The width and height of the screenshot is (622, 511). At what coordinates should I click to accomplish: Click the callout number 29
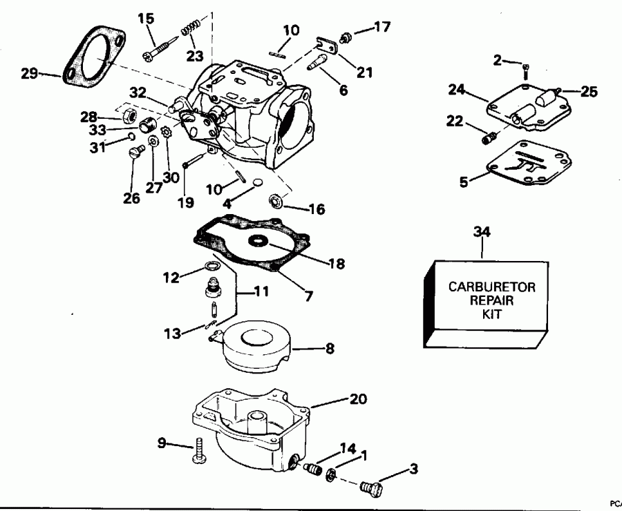(x=29, y=73)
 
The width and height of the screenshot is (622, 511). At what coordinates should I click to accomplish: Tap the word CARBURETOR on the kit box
(x=482, y=287)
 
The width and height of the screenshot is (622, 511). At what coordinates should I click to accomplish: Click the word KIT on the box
(x=482, y=313)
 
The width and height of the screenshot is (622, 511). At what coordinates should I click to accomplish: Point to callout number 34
(x=482, y=231)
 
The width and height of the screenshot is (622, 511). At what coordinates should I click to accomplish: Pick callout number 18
(x=337, y=263)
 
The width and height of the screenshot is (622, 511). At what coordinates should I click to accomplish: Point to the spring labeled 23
(x=189, y=31)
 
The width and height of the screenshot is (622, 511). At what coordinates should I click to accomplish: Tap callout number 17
(x=381, y=28)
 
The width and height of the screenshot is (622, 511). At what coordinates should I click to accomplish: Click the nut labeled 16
(x=274, y=202)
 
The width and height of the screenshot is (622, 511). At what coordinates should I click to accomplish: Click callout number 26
(x=131, y=198)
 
